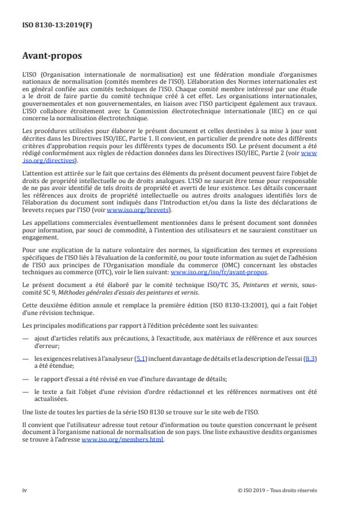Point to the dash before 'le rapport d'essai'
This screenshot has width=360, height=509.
point(26,377)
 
